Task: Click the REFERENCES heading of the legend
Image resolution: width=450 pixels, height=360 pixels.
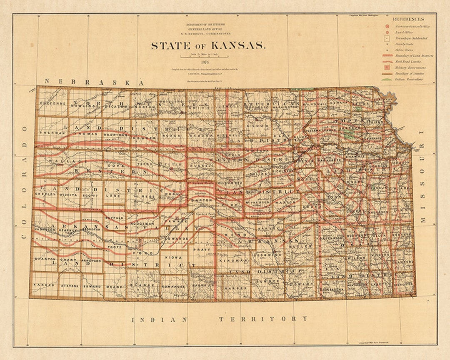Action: [408, 19]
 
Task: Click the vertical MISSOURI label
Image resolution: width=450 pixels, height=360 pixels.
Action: [424, 177]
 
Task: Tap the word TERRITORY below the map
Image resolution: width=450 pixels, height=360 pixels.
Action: [264, 319]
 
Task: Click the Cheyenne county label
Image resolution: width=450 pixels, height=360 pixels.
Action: [52, 102]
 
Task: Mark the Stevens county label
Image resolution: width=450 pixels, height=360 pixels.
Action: [69, 286]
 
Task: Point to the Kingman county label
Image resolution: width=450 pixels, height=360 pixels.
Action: [232, 260]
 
